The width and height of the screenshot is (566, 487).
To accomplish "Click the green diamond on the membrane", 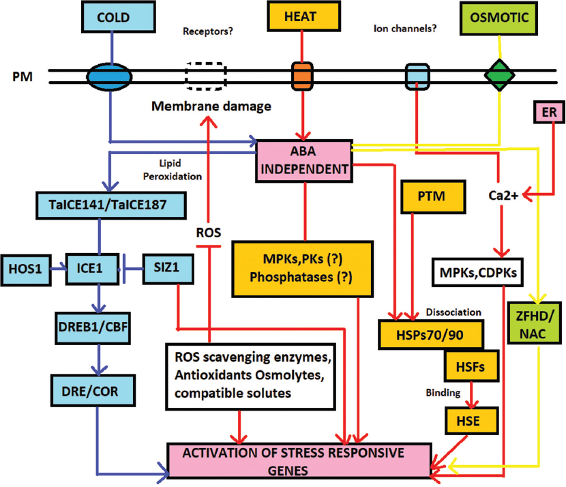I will pos(499,74).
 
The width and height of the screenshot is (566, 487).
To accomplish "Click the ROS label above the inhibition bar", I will pos(209,231).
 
